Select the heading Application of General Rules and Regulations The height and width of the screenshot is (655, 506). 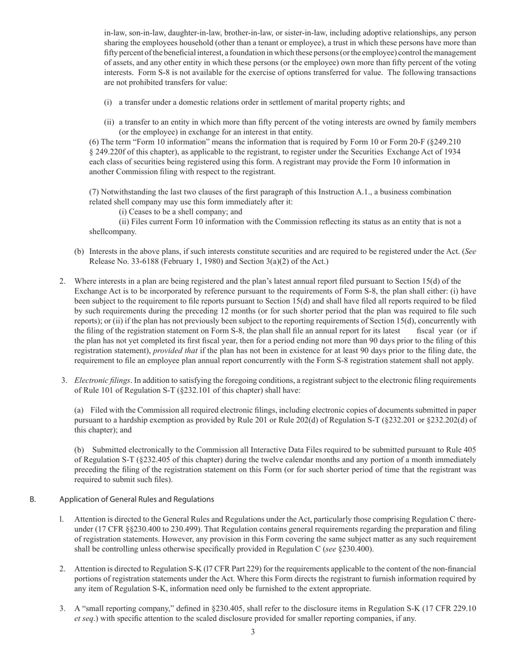pyautogui.click(x=137, y=499)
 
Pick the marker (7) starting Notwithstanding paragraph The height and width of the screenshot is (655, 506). pyautogui.click(x=94, y=192)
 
